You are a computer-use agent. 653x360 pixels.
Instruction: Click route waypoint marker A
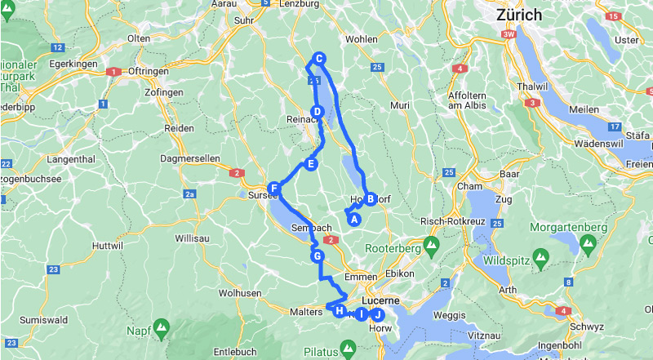click(354, 219)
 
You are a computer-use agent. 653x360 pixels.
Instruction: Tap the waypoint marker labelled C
click(320, 59)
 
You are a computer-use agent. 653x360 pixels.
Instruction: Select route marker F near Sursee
click(274, 189)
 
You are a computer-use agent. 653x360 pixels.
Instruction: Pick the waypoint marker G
click(318, 256)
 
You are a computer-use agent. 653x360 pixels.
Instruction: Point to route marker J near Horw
click(376, 314)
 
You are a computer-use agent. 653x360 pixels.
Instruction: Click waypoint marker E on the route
click(310, 165)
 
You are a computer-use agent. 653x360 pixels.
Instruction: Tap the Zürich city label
click(519, 15)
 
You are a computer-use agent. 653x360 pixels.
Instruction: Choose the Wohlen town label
click(362, 39)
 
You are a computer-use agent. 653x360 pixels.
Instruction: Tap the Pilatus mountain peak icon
click(347, 352)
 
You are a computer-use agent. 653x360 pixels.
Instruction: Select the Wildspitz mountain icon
click(540, 261)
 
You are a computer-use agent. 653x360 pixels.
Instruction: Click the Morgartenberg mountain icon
click(587, 242)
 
